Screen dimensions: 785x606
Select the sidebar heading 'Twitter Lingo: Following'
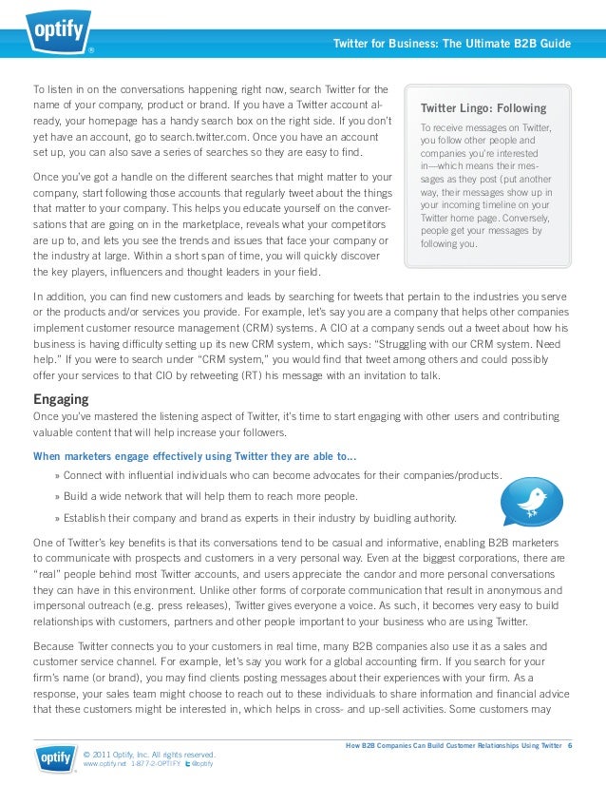click(x=483, y=108)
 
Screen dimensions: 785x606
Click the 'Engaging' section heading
click(x=61, y=399)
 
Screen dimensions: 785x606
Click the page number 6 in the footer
click(x=570, y=745)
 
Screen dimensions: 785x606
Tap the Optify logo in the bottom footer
click(x=56, y=758)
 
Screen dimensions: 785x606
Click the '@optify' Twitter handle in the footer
click(x=201, y=764)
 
